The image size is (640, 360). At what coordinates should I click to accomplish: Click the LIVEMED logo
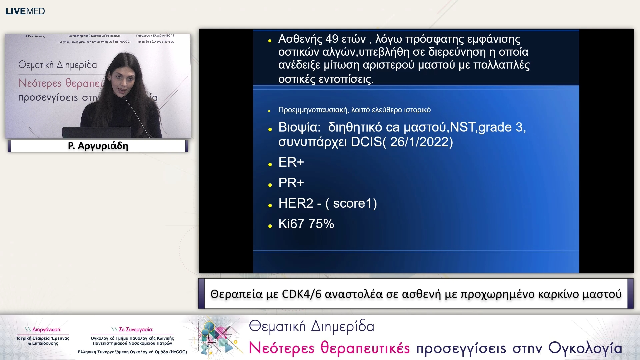coord(25,11)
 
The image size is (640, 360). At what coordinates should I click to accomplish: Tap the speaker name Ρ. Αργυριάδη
coord(98,146)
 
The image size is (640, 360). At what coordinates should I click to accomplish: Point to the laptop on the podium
coord(96,132)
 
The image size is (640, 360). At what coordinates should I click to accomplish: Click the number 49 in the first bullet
coord(332,39)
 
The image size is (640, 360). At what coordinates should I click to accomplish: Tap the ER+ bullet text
coord(291,162)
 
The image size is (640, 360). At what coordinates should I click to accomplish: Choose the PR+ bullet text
coord(291,183)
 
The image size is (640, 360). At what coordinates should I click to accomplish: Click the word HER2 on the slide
coord(296,203)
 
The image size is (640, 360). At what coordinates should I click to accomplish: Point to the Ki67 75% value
coord(306,224)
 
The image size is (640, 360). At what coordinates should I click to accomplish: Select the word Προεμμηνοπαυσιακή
coord(313,110)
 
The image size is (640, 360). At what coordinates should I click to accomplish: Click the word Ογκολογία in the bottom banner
coord(585,348)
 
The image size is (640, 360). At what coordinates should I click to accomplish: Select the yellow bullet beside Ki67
coord(270,226)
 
